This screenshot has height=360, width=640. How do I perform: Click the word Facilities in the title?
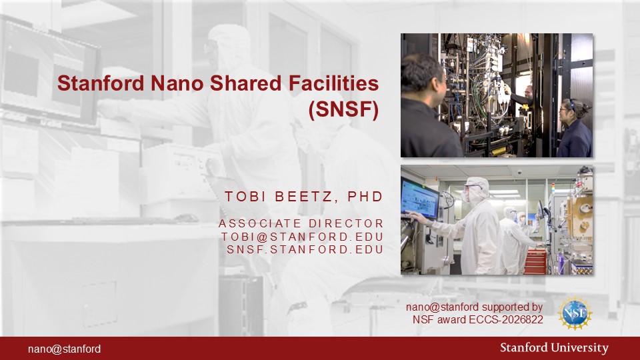[333, 83]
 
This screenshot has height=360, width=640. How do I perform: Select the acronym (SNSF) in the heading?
[344, 109]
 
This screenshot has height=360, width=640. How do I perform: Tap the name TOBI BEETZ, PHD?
[304, 197]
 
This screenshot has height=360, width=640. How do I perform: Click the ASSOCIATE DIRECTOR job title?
[301, 224]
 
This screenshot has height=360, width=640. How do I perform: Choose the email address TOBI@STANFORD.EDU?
[303, 237]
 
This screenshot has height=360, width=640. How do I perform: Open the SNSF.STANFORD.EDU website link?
[305, 249]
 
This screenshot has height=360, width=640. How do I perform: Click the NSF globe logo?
[575, 313]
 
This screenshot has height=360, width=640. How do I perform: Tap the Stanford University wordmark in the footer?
[554, 348]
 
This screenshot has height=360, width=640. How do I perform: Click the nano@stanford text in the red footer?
[65, 349]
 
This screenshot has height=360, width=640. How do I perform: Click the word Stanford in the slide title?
[101, 83]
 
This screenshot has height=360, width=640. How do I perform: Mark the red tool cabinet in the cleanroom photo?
[535, 261]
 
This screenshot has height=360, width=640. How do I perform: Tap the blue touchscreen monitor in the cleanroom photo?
[420, 199]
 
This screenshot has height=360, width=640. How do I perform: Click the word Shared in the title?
[246, 83]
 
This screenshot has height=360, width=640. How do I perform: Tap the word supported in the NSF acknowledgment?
[506, 307]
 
